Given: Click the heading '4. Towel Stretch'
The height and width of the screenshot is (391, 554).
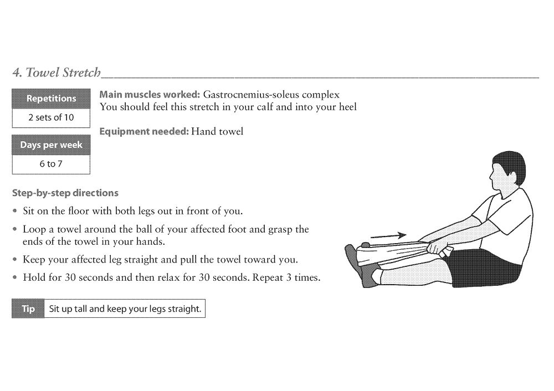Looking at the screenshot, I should click(57, 73).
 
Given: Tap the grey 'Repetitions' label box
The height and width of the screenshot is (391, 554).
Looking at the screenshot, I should click(51, 99).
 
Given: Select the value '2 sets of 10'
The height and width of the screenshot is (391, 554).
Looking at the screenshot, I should click(51, 117).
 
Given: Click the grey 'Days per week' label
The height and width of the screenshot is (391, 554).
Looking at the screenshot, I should click(51, 145).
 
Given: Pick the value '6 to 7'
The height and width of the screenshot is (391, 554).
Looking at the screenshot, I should click(51, 164).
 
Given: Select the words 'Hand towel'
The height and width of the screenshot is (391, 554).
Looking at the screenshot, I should click(217, 132).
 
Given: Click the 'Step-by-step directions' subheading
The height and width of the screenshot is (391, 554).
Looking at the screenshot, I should click(65, 193).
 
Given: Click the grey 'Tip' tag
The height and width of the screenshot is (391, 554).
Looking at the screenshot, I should click(28, 309).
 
